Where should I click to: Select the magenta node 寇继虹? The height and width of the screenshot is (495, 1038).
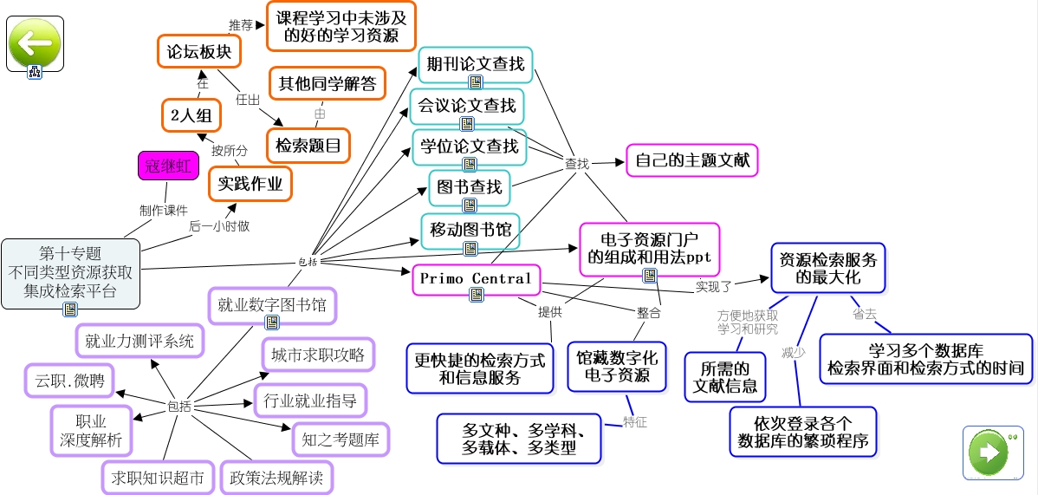coord(167,166)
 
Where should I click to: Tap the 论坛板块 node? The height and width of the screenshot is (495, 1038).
coord(198,52)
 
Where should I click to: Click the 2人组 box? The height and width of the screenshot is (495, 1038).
coord(191,115)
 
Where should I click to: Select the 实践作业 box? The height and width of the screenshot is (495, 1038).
coord(250,184)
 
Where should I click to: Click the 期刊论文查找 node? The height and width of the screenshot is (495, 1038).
coord(475,63)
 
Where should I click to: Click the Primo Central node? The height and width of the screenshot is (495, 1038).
coord(476,278)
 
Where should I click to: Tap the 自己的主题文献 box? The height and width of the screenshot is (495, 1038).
coord(691,160)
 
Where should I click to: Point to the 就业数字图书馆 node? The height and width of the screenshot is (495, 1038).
coord(271,304)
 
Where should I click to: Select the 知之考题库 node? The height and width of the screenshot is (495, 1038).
coord(341,439)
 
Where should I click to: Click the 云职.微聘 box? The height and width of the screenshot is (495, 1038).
coord(68,380)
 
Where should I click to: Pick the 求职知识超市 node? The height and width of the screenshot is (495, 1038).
coord(157,477)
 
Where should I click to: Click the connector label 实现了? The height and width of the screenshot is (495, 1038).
coord(714,285)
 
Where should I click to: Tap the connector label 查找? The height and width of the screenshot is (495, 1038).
coord(577,162)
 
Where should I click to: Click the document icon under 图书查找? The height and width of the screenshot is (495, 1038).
coord(469,205)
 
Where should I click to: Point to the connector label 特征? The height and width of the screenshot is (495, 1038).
coord(634,422)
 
